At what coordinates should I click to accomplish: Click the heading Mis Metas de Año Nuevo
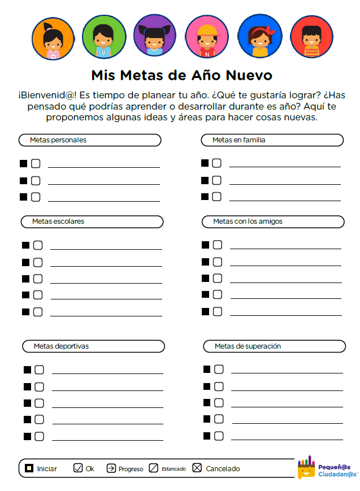[181, 75]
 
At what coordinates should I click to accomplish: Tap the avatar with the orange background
[53, 37]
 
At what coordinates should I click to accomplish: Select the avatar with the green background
[104, 37]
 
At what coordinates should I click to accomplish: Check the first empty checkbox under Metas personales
[36, 164]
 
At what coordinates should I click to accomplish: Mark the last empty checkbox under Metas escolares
[38, 311]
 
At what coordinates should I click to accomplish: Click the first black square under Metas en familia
[205, 163]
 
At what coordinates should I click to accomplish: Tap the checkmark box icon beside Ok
[78, 468]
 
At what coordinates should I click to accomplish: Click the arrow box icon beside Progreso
[111, 468]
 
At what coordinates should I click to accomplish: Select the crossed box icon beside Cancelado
[197, 468]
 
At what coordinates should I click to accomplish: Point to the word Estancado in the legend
[174, 469]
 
